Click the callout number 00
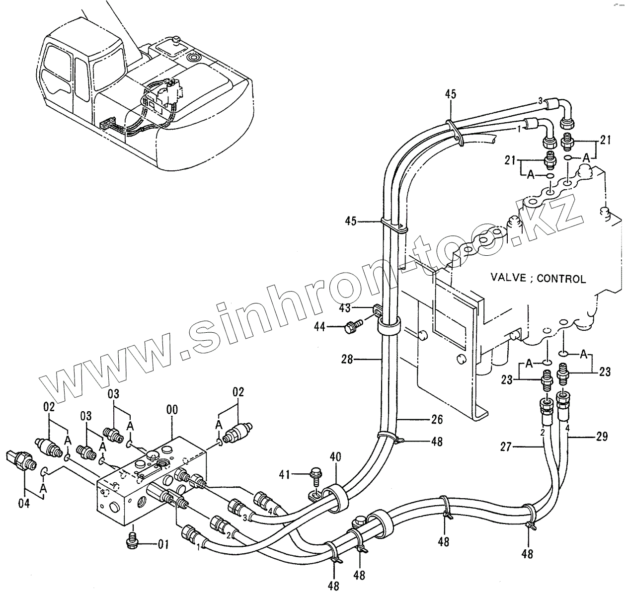tap(172, 410)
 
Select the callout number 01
tap(163, 544)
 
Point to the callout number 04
tap(24, 503)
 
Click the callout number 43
tap(345, 308)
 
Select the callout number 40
tap(335, 455)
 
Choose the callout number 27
tap(505, 447)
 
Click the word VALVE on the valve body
tap(508, 277)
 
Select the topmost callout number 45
tap(450, 94)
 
